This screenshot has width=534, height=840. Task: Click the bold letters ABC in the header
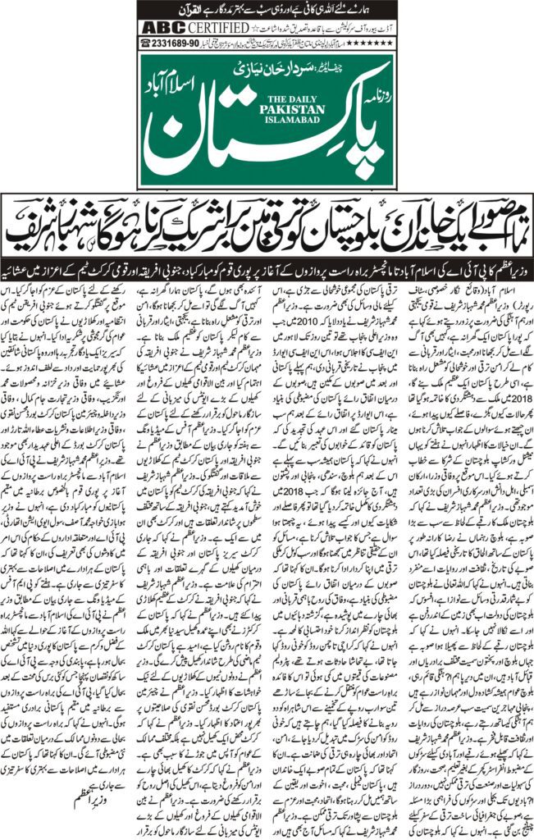click(x=161, y=27)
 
